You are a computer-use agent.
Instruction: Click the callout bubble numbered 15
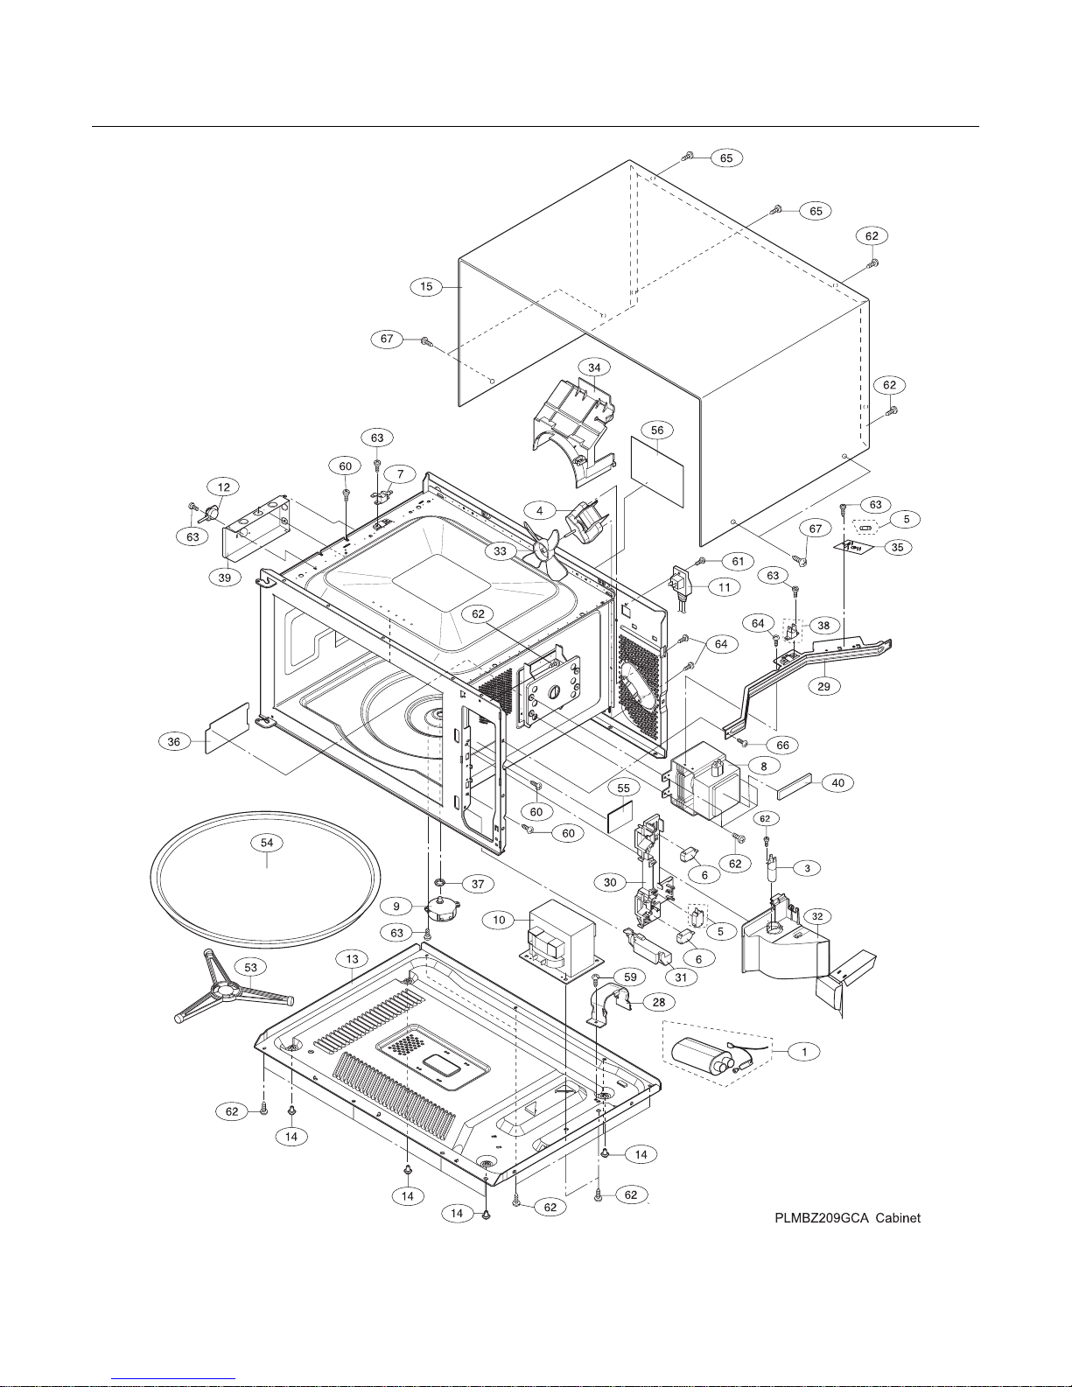point(426,287)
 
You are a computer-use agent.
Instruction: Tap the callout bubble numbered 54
point(267,843)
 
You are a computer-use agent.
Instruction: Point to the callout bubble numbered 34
point(594,368)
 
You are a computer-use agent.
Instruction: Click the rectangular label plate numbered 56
point(657,473)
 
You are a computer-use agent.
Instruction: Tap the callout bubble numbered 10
point(499,920)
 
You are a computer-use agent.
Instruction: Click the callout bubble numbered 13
point(352,959)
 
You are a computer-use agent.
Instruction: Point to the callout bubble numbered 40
point(837,782)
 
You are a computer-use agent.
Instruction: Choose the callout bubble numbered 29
point(823,686)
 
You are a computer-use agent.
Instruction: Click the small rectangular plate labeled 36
point(227,728)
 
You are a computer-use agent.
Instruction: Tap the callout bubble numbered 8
point(764,766)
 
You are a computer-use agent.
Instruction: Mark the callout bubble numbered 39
point(225,578)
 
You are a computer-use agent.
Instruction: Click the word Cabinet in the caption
point(898,1218)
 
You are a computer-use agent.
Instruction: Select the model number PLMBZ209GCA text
point(822,1218)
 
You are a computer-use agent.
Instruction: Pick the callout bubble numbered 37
point(478,884)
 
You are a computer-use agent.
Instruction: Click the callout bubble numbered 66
point(783,745)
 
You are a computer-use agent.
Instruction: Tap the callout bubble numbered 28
point(658,1002)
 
